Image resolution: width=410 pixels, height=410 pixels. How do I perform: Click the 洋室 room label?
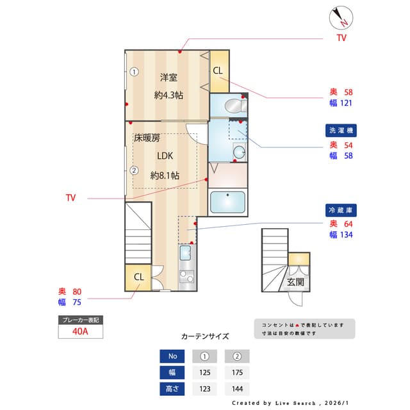click(168, 78)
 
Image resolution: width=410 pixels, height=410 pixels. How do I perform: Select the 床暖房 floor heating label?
click(147, 138)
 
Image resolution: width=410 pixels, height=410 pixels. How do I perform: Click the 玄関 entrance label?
click(295, 281)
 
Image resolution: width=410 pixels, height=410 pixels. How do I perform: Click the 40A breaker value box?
click(80, 331)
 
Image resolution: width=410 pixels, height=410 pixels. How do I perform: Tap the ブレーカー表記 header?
click(80, 319)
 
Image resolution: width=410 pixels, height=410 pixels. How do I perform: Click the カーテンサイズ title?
click(205, 336)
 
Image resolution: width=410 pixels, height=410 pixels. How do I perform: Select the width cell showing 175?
click(237, 372)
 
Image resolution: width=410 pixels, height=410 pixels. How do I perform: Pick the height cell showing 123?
click(204, 388)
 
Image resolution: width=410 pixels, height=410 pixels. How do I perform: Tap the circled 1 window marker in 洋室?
click(134, 72)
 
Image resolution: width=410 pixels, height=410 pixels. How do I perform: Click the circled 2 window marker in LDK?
click(134, 170)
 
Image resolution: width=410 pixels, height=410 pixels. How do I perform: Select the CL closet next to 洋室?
click(218, 70)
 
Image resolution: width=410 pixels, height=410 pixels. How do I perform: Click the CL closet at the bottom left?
click(138, 277)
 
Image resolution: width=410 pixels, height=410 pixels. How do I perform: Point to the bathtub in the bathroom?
click(227, 202)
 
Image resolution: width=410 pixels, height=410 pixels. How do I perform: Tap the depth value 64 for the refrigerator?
click(348, 224)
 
